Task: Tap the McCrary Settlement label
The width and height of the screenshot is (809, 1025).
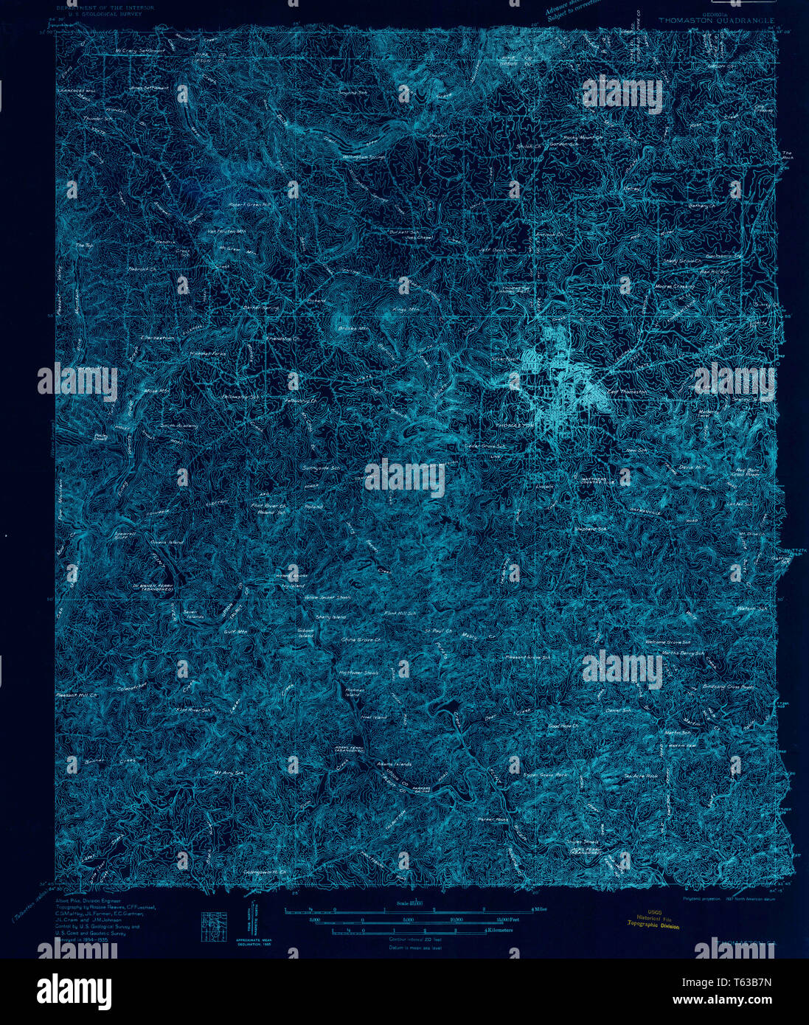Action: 139,51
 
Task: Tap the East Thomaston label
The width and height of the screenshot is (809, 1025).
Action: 628,391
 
